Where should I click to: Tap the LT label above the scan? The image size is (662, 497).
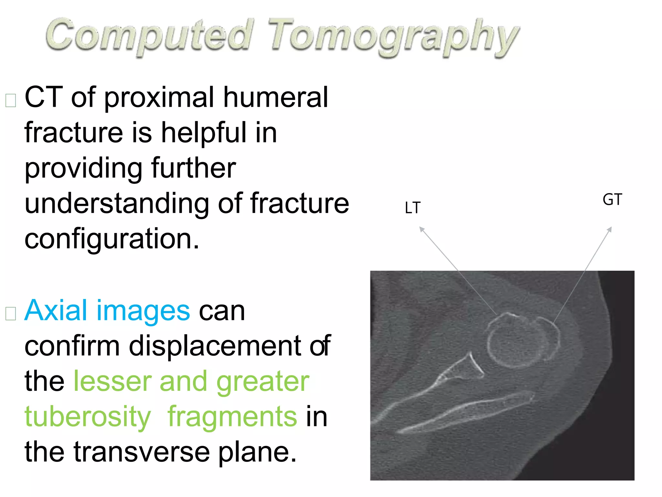point(412,208)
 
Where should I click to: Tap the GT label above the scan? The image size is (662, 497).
point(612,200)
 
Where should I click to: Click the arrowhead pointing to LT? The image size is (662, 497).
point(421,229)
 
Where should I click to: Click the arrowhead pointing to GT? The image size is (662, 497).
point(610,229)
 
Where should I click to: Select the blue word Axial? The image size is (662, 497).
point(56,311)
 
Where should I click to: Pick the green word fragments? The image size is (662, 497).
point(232,417)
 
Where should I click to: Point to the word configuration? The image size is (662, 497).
point(112,239)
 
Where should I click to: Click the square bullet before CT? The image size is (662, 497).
point(11,101)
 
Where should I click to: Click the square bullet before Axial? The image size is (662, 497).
point(11,314)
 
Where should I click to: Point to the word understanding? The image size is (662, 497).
point(116,203)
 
